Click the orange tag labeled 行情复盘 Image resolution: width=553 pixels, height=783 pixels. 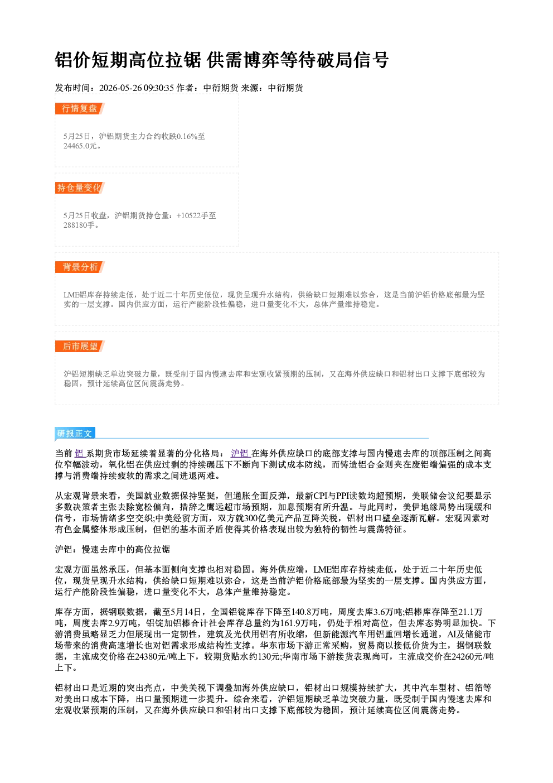point(80,108)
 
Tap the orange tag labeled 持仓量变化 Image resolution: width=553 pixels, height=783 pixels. point(80,188)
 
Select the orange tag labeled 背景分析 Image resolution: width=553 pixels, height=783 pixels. point(80,267)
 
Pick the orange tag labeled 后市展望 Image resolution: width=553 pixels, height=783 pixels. point(80,347)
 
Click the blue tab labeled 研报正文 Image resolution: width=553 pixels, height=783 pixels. point(75,434)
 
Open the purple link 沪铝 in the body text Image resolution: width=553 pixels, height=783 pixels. point(240,453)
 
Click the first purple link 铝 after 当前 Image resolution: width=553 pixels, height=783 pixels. point(80,453)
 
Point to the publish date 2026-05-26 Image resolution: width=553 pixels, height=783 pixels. point(120,88)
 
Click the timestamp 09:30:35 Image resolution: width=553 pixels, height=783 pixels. point(159,88)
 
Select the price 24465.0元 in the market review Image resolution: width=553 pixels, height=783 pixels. point(80,146)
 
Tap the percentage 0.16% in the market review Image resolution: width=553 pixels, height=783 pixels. point(187,136)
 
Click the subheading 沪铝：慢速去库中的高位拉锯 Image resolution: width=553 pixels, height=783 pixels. point(113,550)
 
